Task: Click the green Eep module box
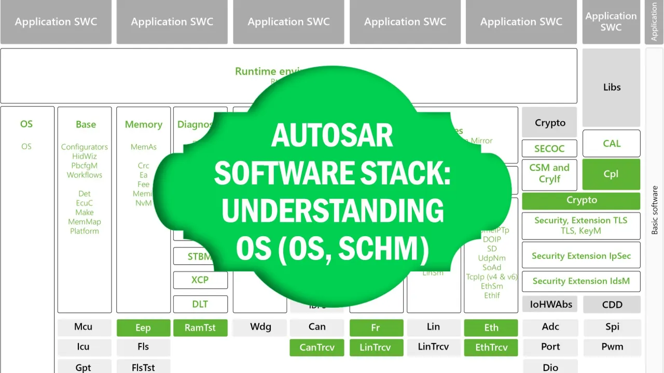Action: coord(143,327)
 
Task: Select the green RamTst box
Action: coord(200,327)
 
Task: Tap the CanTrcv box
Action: coord(316,347)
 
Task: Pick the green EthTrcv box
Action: coord(491,347)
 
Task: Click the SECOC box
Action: coord(549,149)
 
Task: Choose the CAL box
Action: coord(612,144)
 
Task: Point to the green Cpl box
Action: coord(611,174)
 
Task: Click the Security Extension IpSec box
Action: coord(581,256)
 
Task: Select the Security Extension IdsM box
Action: coord(581,281)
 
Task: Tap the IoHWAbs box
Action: coord(550,305)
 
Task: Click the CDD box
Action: coord(612,305)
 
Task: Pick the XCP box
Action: coord(200,280)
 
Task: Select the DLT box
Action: coord(200,304)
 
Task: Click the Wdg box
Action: coord(260,327)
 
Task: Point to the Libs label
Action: coord(612,87)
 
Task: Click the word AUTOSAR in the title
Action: coord(332,136)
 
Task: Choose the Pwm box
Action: coord(612,347)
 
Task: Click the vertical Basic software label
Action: coord(655,210)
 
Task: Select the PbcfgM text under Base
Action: coord(85,166)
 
